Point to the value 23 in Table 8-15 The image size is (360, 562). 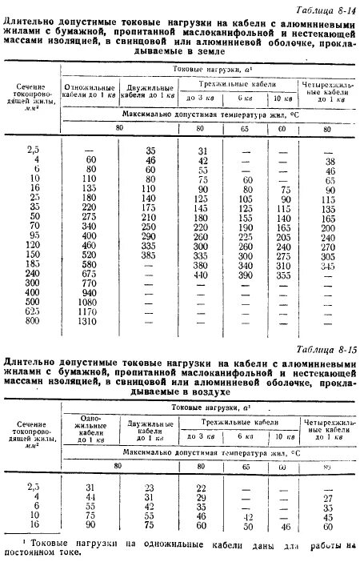tap(147, 487)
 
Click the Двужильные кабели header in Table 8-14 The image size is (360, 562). tap(147, 87)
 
